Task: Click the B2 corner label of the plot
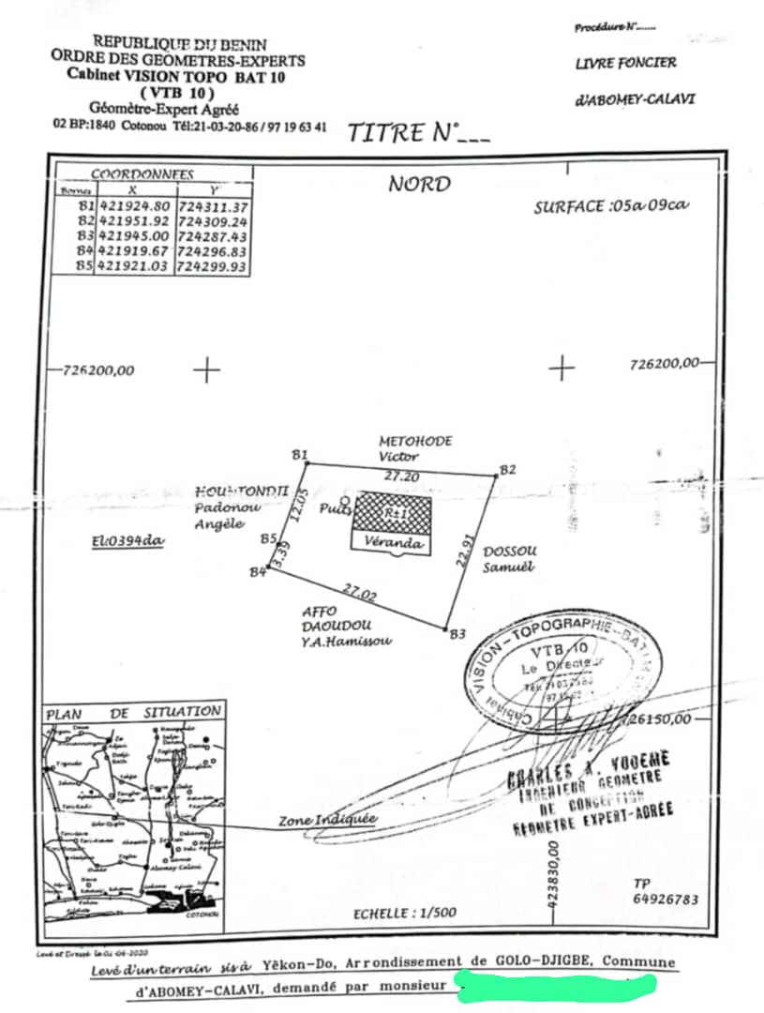507,469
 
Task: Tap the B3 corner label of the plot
457,635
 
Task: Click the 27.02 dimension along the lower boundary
361,593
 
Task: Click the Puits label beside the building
334,509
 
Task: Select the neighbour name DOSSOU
509,552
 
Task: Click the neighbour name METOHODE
415,441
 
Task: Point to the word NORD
419,184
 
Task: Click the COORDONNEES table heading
142,174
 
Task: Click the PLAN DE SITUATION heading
134,713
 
